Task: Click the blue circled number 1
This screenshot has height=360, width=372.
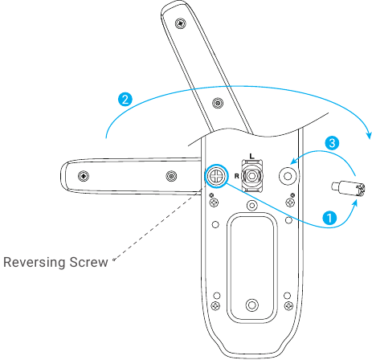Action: (329, 218)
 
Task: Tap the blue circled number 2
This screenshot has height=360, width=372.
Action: (125, 100)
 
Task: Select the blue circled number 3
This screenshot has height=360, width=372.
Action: (332, 143)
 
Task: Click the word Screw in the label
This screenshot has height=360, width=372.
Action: (89, 262)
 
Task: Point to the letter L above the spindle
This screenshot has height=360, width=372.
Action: (251, 156)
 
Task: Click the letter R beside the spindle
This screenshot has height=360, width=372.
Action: (236, 176)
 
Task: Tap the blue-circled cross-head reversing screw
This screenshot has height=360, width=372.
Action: (216, 176)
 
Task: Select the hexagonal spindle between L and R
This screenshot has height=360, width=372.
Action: (251, 176)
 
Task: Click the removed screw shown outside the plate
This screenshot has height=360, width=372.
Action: (348, 189)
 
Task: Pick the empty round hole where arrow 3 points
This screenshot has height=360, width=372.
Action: (288, 176)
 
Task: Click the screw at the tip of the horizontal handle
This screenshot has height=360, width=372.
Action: (84, 176)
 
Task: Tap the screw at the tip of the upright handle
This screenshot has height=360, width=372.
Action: (181, 23)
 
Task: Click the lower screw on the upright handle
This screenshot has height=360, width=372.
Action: (218, 103)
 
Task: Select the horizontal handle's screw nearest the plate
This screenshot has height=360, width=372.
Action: (171, 176)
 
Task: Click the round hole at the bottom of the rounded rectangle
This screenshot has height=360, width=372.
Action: (251, 305)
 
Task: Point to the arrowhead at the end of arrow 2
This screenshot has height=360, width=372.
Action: (369, 135)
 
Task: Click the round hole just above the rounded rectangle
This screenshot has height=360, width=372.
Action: (251, 206)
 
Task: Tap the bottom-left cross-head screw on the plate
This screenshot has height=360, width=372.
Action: (215, 305)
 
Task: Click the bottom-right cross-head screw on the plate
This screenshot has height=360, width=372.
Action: (288, 305)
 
